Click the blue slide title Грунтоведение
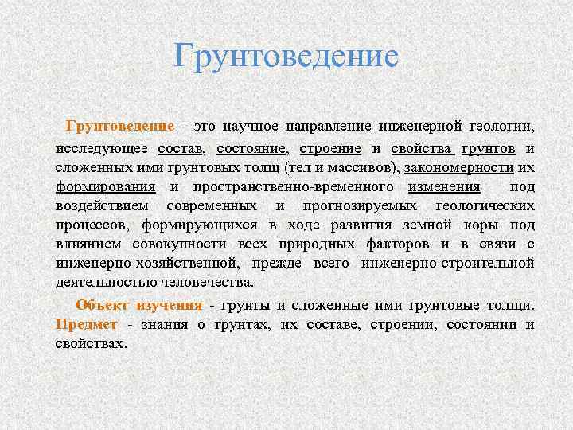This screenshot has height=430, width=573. pos(286,57)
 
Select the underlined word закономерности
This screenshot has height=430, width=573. pos(448,168)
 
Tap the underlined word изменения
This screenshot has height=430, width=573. pos(444,187)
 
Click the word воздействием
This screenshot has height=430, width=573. pos(100,205)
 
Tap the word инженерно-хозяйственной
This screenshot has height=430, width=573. pos(146,263)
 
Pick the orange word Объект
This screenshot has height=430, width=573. pos(103,305)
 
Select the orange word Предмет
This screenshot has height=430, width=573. pos(87,324)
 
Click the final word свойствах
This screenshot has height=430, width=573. pos(92,343)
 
